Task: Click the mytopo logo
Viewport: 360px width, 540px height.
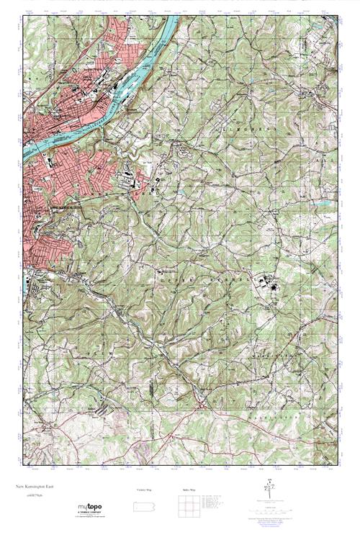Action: tap(89, 507)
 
